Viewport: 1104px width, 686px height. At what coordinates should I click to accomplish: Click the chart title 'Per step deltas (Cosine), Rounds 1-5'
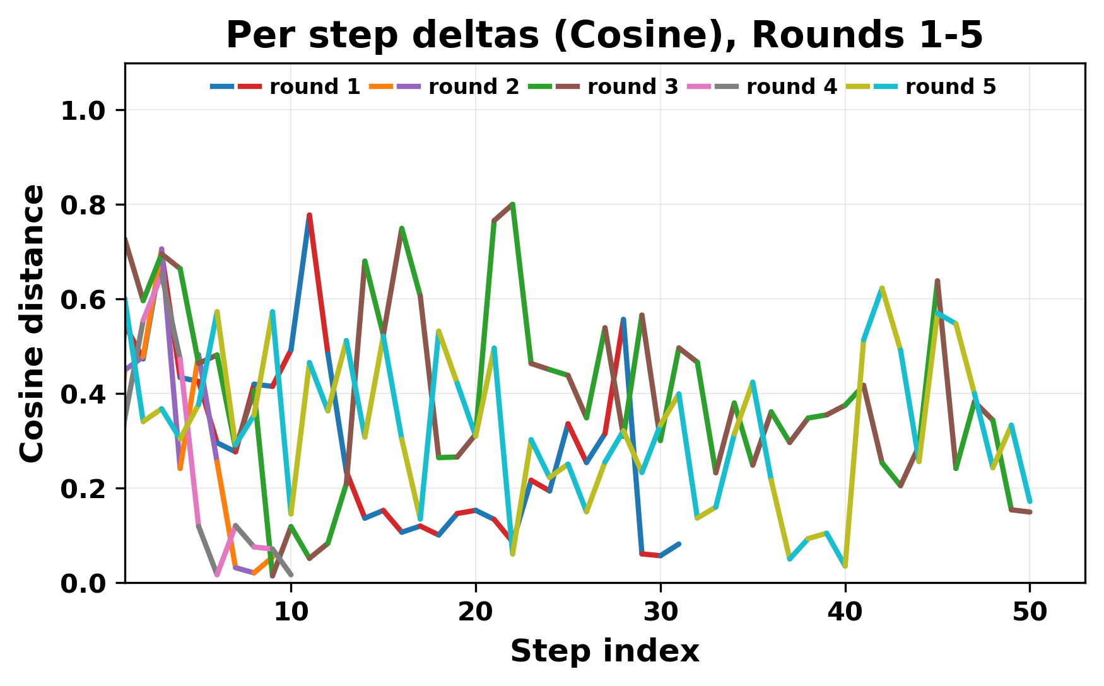click(x=604, y=35)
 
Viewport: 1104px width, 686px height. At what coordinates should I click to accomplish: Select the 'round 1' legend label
click(x=314, y=87)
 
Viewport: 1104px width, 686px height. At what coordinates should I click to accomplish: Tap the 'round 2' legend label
click(x=473, y=87)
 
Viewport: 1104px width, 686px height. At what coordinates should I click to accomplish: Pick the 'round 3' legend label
click(x=632, y=87)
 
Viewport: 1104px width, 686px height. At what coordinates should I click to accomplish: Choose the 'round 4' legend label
click(x=791, y=87)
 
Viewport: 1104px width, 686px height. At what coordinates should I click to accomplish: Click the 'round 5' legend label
click(x=950, y=87)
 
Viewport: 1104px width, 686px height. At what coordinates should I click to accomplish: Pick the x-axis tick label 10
click(x=291, y=612)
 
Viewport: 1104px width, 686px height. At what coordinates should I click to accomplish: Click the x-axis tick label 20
click(x=476, y=612)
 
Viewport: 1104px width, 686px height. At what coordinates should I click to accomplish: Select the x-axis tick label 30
click(x=661, y=612)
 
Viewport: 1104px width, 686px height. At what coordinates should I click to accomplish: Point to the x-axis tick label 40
click(x=845, y=612)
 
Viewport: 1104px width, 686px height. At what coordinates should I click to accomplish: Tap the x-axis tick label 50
click(x=1030, y=612)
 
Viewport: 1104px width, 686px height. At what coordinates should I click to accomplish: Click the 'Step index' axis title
click(x=604, y=651)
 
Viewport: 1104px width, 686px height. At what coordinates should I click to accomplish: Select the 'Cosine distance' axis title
click(x=33, y=323)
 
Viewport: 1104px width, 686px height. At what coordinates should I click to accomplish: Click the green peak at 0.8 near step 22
click(x=513, y=204)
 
